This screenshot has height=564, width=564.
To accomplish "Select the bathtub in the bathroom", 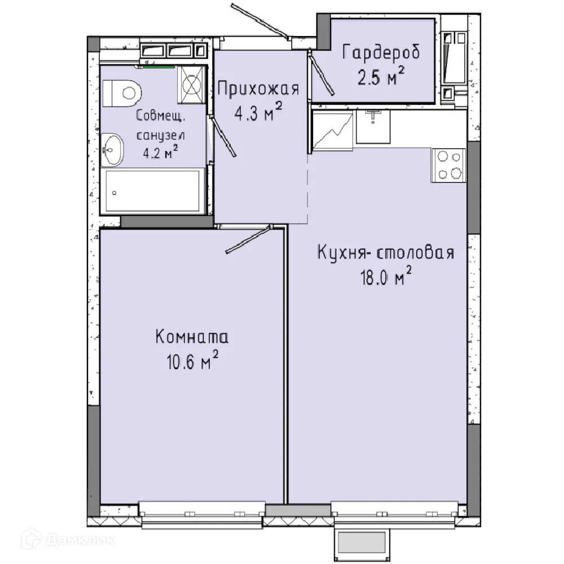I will [152, 191].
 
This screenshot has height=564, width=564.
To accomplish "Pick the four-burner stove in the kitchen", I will [448, 165].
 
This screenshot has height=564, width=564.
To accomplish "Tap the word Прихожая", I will [257, 89].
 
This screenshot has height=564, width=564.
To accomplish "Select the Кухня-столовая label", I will [386, 252].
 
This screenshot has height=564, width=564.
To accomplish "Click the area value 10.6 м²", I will [191, 363].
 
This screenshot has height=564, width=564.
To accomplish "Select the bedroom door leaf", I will [248, 239].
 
